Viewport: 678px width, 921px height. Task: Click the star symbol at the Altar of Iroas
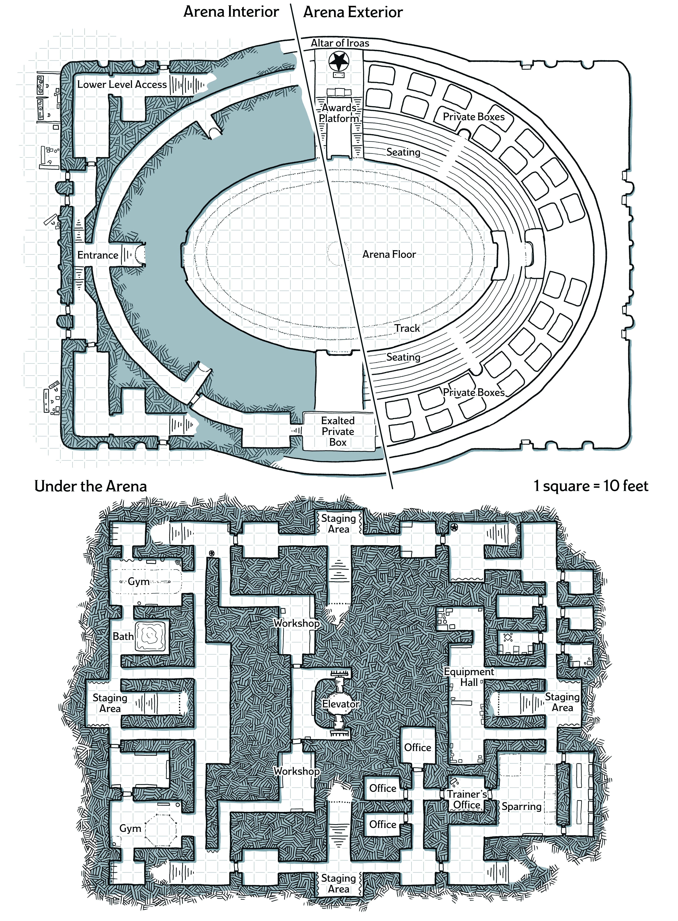(339, 61)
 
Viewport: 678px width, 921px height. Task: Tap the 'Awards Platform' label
(339, 113)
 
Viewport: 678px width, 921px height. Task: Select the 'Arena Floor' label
(389, 254)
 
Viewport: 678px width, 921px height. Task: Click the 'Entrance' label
(98, 255)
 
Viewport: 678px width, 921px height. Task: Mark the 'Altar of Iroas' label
(340, 43)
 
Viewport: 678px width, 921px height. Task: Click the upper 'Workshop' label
(296, 623)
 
